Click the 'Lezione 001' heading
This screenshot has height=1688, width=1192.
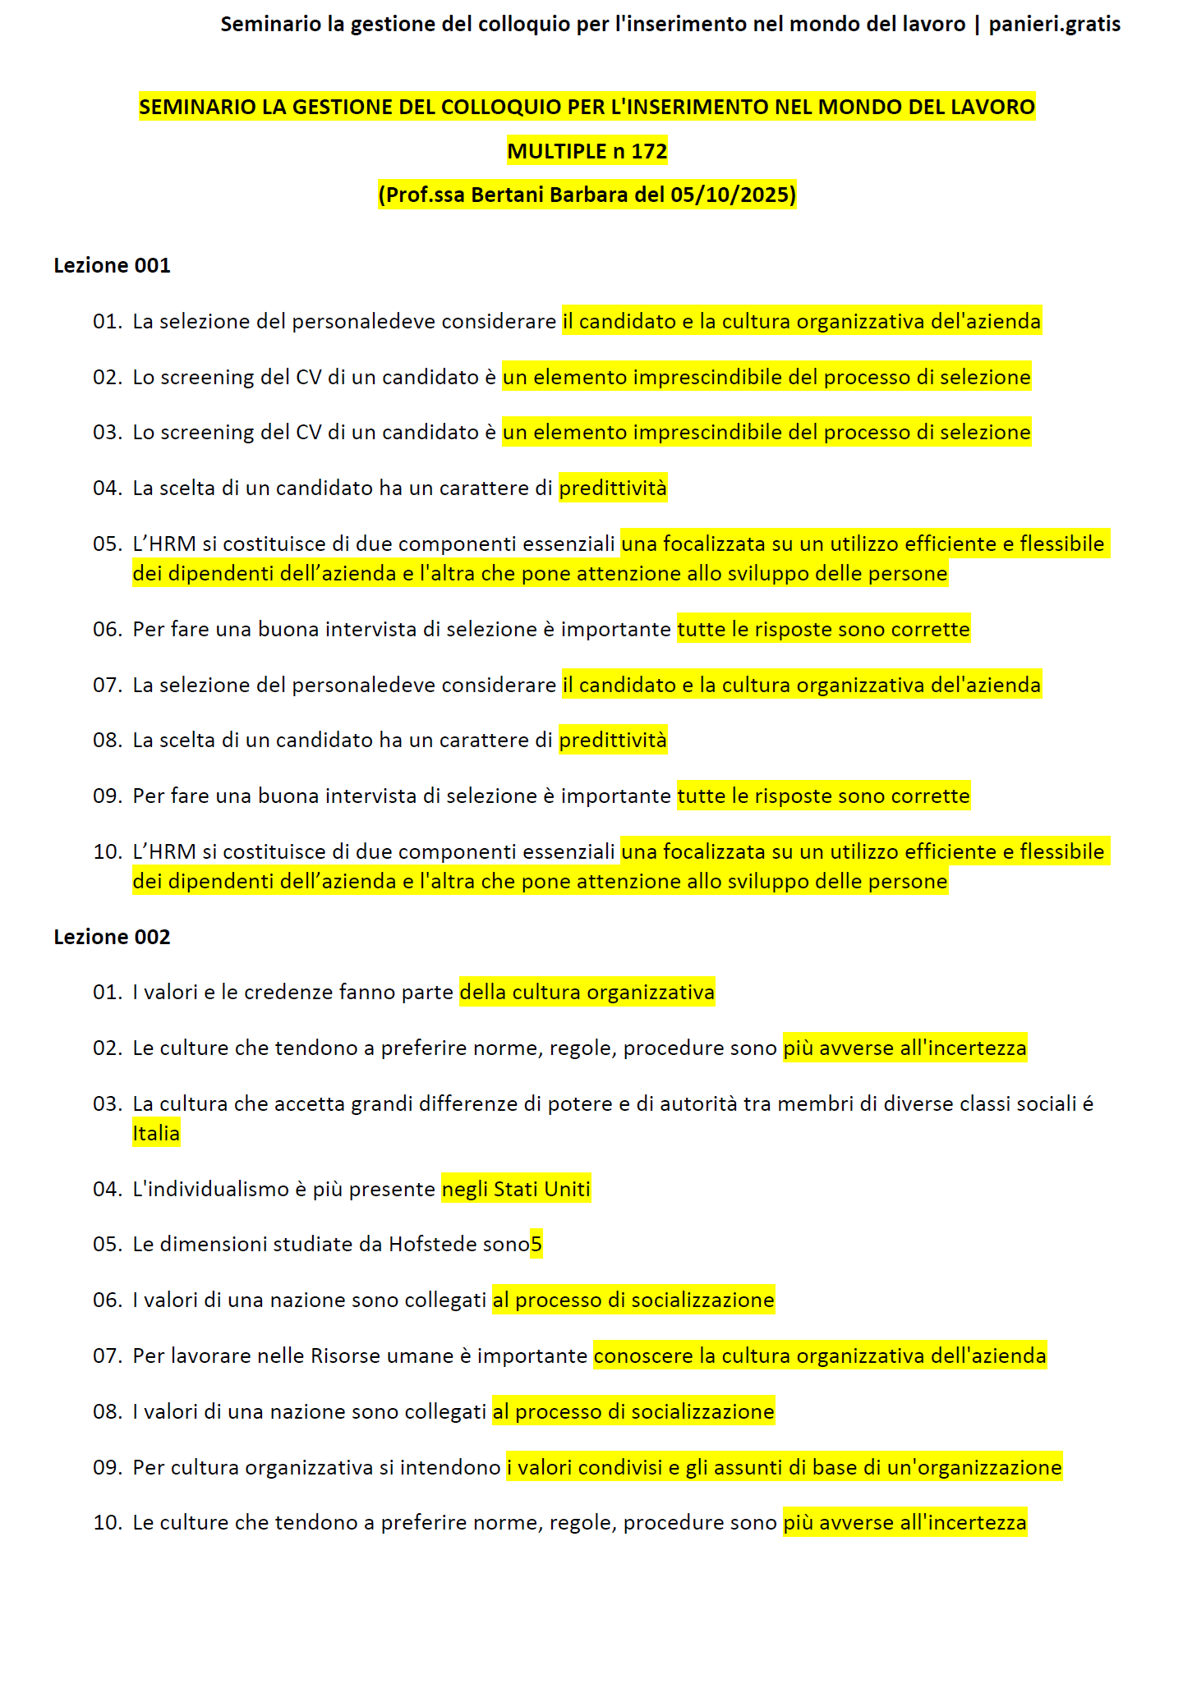(112, 265)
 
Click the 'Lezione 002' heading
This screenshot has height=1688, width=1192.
(112, 937)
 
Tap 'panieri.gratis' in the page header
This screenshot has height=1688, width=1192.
(1054, 24)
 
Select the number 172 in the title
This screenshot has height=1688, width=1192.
(649, 151)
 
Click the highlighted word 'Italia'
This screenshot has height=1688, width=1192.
(156, 1133)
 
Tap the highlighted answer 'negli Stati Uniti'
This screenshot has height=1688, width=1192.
(516, 1189)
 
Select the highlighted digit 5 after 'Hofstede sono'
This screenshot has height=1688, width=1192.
(536, 1244)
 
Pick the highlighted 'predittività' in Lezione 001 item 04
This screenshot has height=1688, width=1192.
(613, 488)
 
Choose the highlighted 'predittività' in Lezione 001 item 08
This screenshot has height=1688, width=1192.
(613, 740)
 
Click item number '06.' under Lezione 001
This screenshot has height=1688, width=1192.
(107, 629)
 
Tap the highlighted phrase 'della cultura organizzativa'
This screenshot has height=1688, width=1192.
(587, 992)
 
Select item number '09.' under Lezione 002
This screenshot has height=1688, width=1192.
(107, 1467)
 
